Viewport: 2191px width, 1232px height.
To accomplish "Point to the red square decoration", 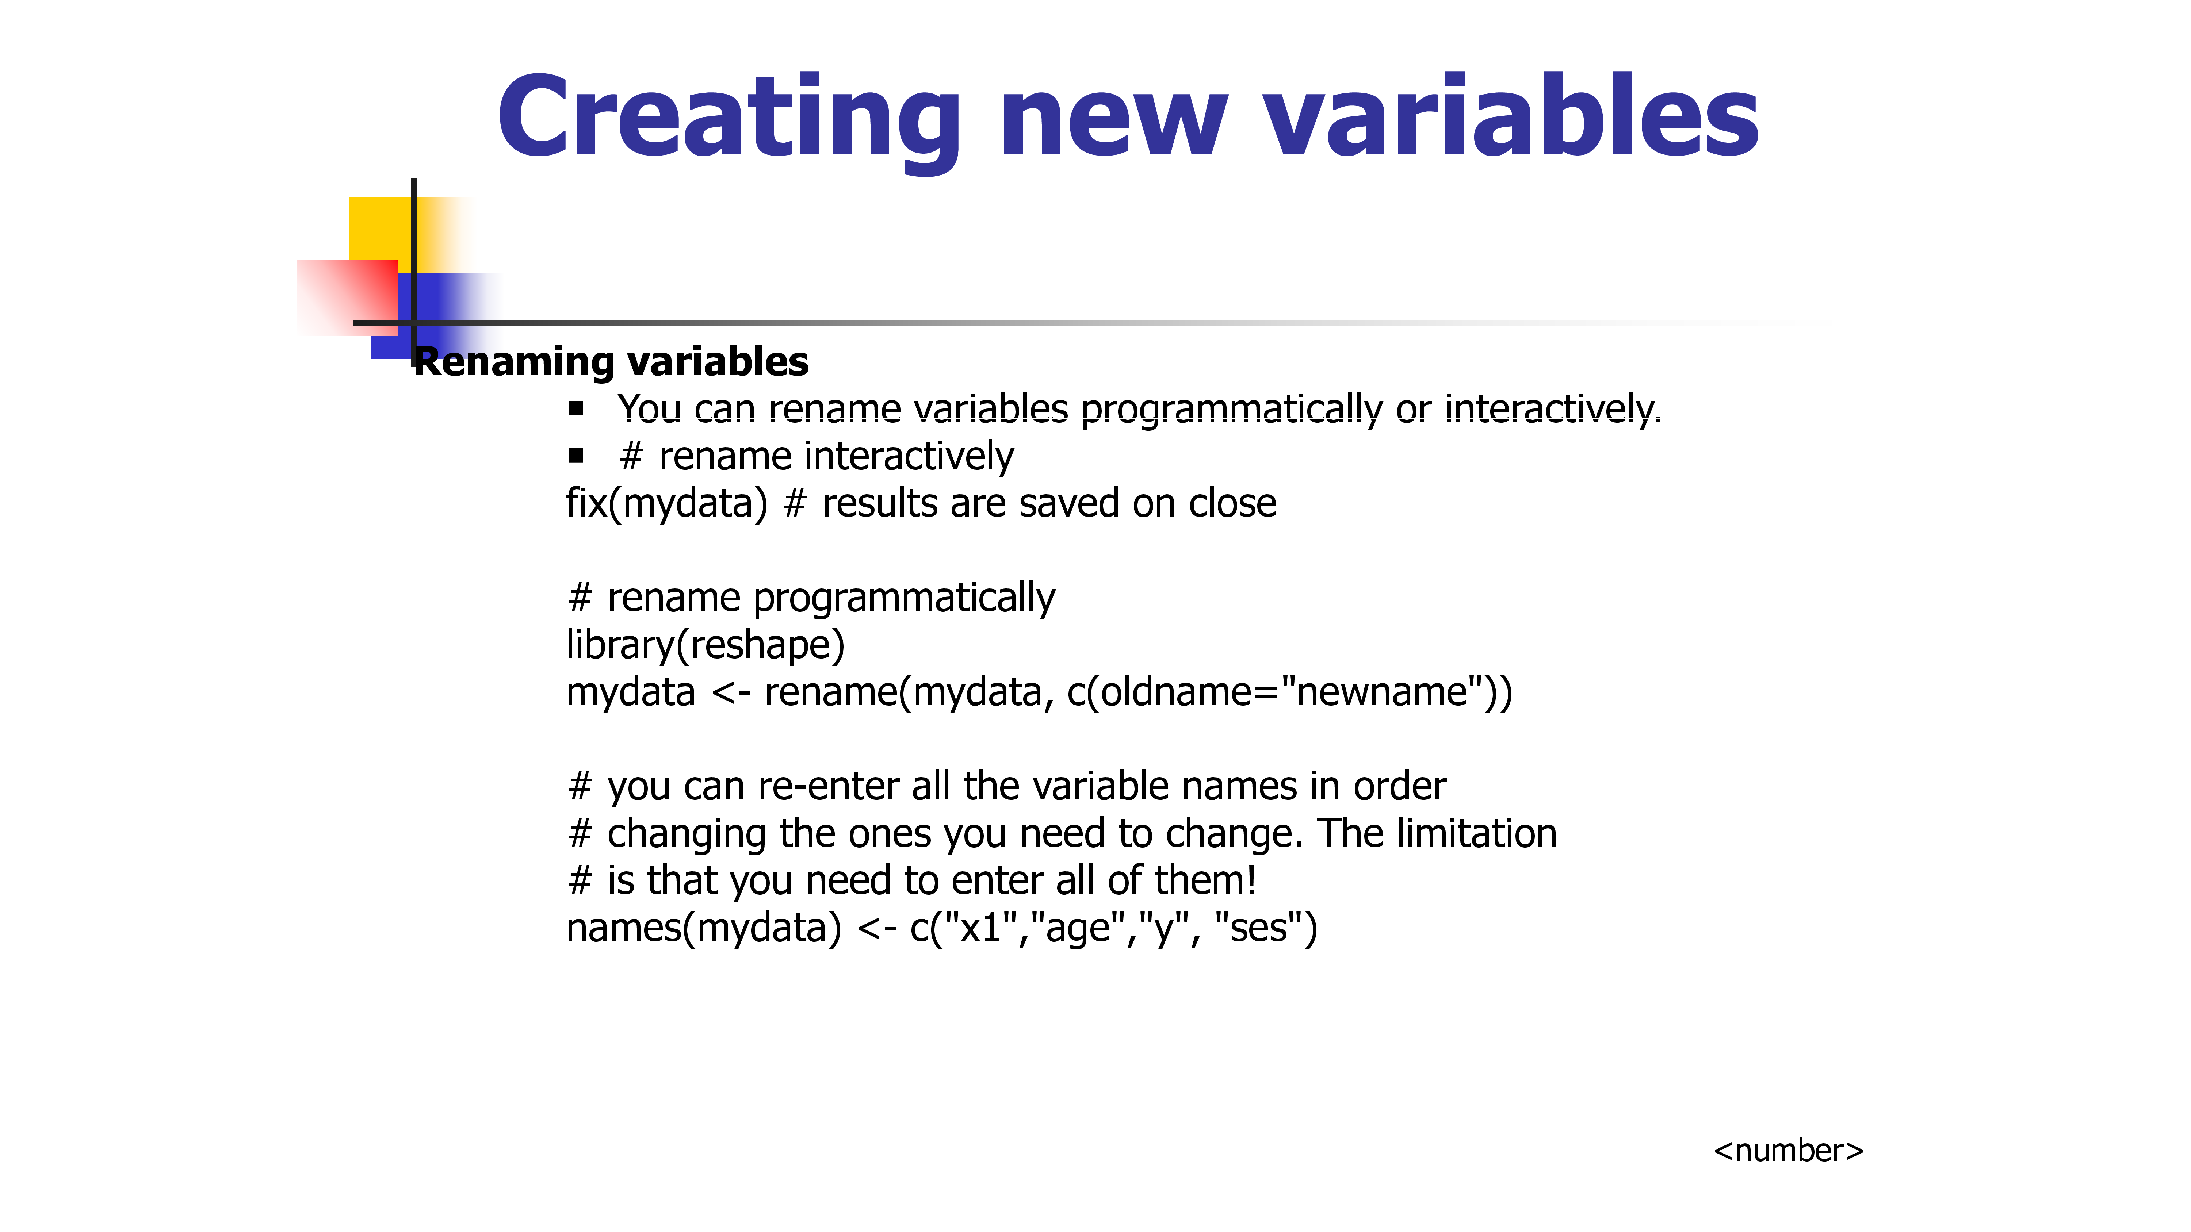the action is pyautogui.click(x=347, y=298).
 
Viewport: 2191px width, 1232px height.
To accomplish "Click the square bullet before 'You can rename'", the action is pyautogui.click(x=577, y=409).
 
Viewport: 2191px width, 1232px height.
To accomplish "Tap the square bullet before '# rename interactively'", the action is pyautogui.click(x=577, y=456).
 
